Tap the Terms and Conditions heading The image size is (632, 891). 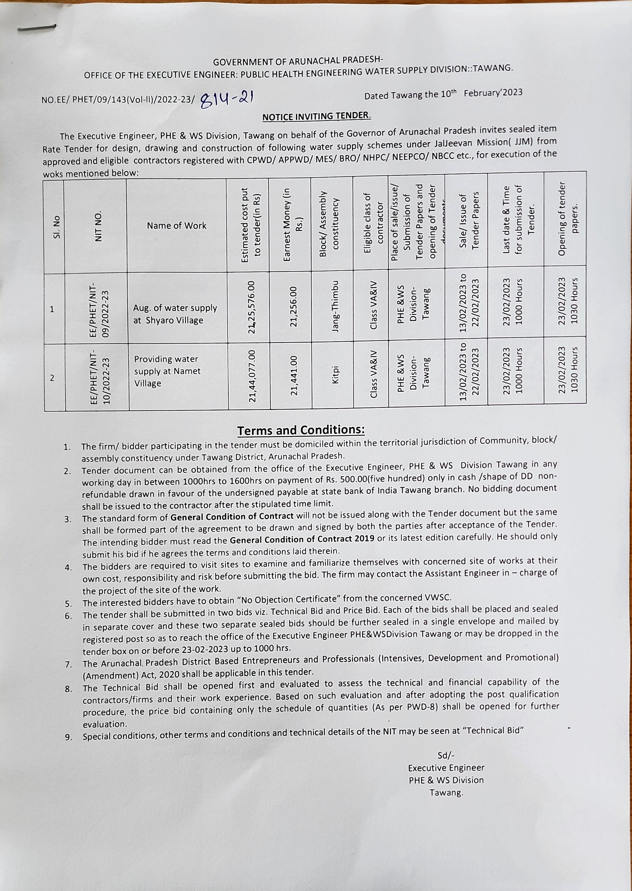tap(301, 430)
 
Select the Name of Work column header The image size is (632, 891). tap(177, 226)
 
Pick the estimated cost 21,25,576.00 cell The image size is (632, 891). tap(251, 308)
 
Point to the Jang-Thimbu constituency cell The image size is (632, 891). tap(334, 306)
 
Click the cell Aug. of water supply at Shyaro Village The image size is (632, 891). tap(175, 314)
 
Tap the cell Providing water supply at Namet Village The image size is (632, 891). tap(167, 371)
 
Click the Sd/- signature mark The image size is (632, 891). tap(446, 756)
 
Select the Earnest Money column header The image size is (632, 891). tap(293, 224)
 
